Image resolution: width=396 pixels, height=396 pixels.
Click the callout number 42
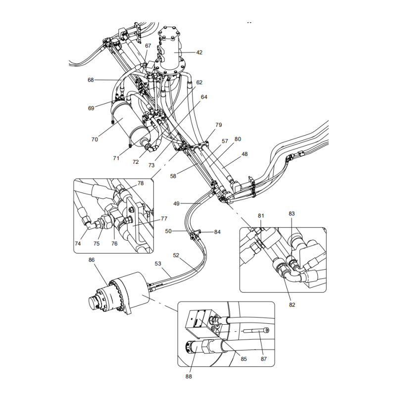click(199, 52)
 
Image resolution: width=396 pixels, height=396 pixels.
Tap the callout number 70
click(94, 140)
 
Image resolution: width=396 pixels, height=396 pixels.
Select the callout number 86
click(92, 260)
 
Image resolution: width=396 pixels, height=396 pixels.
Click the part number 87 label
click(263, 359)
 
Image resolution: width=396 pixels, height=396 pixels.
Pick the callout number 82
click(292, 304)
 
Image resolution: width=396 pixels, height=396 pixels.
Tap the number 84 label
click(217, 232)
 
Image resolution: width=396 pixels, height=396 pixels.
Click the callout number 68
click(91, 80)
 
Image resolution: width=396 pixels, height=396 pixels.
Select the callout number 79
click(218, 125)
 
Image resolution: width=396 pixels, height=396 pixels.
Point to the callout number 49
click(176, 203)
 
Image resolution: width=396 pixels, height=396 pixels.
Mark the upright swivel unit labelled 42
click(170, 52)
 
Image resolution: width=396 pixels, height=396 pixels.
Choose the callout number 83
click(292, 213)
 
